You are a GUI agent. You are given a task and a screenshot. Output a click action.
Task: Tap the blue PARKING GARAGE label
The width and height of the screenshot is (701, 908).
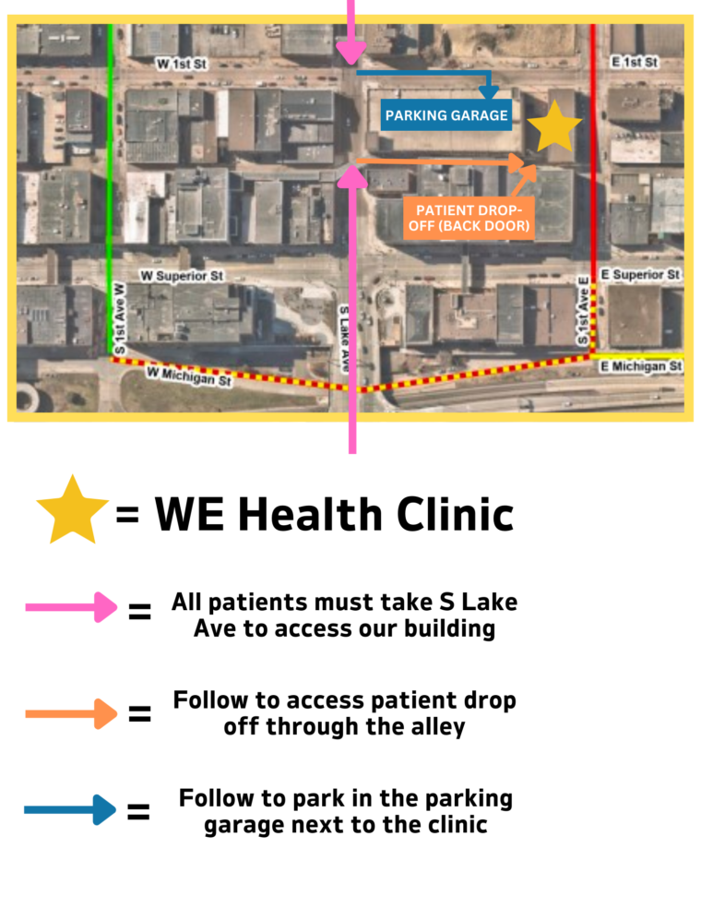pyautogui.click(x=446, y=115)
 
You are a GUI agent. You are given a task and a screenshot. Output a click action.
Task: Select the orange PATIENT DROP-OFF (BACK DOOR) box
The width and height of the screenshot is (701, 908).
pyautogui.click(x=469, y=218)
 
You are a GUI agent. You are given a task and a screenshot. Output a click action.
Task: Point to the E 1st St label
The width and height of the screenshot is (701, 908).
pyautogui.click(x=634, y=62)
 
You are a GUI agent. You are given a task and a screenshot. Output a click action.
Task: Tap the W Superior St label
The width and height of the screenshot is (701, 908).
pyautogui.click(x=182, y=276)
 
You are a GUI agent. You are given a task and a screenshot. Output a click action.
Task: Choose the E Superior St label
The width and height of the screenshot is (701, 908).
pyautogui.click(x=640, y=275)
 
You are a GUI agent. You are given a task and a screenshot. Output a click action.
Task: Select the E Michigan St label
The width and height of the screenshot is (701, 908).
pyautogui.click(x=640, y=366)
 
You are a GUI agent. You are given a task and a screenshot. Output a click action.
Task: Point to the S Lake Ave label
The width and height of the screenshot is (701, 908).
pyautogui.click(x=344, y=338)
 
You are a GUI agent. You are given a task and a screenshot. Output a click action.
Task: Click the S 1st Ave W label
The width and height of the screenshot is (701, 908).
pyautogui.click(x=120, y=319)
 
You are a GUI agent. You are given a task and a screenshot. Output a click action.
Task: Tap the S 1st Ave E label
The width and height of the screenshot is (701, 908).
pyautogui.click(x=583, y=311)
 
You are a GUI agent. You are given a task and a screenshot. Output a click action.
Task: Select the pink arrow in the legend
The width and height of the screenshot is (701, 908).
pyautogui.click(x=71, y=608)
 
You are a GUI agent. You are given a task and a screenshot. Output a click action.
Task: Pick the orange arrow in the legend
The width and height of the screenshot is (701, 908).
pyautogui.click(x=71, y=713)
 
